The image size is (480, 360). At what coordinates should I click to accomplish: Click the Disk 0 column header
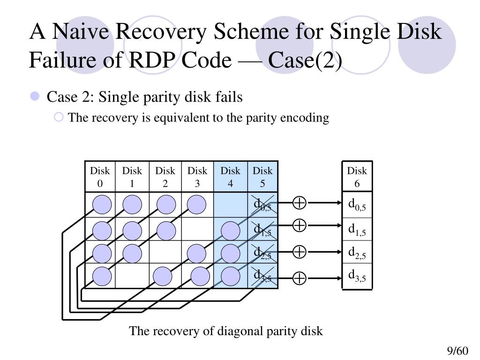pyautogui.click(x=100, y=177)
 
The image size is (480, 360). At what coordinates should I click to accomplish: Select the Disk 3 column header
pyautogui.click(x=197, y=177)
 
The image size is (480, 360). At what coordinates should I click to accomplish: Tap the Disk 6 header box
pyautogui.click(x=357, y=177)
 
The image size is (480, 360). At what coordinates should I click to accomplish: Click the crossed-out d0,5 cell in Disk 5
pyautogui.click(x=262, y=205)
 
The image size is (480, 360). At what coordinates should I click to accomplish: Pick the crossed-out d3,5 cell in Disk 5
pyautogui.click(x=262, y=276)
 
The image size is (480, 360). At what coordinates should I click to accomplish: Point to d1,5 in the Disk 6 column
pyautogui.click(x=357, y=229)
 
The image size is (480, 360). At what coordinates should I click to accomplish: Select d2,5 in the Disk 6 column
pyautogui.click(x=357, y=253)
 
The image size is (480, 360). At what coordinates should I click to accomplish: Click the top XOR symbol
pyautogui.click(x=300, y=202)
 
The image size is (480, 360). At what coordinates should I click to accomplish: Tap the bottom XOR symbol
pyautogui.click(x=300, y=278)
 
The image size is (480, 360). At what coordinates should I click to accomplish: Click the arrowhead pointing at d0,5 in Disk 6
pyautogui.click(x=339, y=202)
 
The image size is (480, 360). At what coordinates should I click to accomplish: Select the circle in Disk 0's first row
pyautogui.click(x=102, y=204)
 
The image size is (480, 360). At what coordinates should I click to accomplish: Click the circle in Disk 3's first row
pyautogui.click(x=196, y=204)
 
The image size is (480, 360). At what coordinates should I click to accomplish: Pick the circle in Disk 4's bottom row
pyautogui.click(x=231, y=276)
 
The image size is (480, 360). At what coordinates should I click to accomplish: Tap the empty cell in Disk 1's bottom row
pyautogui.click(x=132, y=276)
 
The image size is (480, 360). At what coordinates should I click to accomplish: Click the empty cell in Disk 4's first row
pyautogui.click(x=231, y=205)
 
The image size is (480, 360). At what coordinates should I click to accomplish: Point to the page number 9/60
pyautogui.click(x=457, y=351)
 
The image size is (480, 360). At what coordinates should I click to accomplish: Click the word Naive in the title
pyautogui.click(x=81, y=31)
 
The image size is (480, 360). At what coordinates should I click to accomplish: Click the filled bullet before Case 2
pyautogui.click(x=35, y=96)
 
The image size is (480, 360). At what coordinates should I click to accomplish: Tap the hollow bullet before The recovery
pyautogui.click(x=59, y=117)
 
